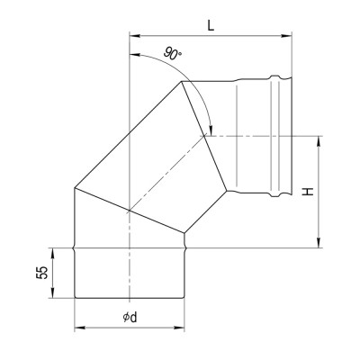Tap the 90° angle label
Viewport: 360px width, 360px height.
[x=174, y=55]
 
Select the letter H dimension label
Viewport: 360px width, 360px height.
[x=308, y=191]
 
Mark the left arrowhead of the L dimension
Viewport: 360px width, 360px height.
[x=134, y=37]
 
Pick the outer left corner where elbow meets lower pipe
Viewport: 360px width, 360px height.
[x=74, y=189]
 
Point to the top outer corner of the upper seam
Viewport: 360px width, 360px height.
[x=183, y=82]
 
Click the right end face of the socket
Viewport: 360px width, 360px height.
[x=290, y=135]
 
